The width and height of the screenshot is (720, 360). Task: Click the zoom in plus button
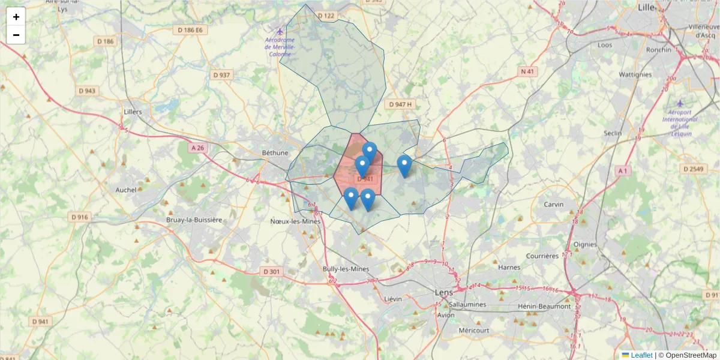pyautogui.click(x=16, y=17)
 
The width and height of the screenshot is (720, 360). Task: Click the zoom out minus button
pyautogui.click(x=16, y=35)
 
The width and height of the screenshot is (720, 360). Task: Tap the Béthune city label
pyautogui.click(x=275, y=152)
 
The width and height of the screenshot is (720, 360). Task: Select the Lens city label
pyautogui.click(x=444, y=292)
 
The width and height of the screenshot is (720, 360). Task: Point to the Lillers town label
pyautogui.click(x=132, y=112)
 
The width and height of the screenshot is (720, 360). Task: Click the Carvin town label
pyautogui.click(x=553, y=204)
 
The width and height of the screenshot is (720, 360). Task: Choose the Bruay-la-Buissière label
pyautogui.click(x=194, y=220)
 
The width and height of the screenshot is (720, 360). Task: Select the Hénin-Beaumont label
pyautogui.click(x=544, y=306)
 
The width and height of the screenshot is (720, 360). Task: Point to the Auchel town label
pyautogui.click(x=126, y=190)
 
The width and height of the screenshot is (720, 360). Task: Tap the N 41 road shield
pyautogui.click(x=527, y=71)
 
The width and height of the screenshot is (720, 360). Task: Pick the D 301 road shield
pyautogui.click(x=271, y=272)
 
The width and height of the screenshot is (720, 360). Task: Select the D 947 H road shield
pyautogui.click(x=400, y=104)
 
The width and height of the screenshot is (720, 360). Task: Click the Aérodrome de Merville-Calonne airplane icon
pyautogui.click(x=280, y=31)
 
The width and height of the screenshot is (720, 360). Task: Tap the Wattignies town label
pyautogui.click(x=635, y=74)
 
